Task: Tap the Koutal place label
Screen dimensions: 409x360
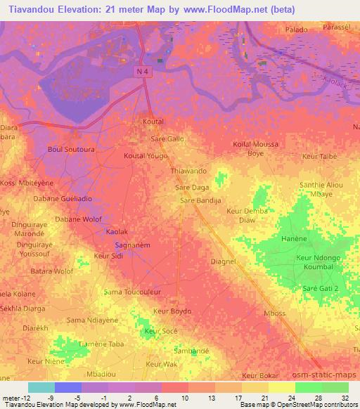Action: [x=153, y=122]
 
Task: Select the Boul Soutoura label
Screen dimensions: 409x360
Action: [x=70, y=149]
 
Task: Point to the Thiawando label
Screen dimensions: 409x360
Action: [x=188, y=171]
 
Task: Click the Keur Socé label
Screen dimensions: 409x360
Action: [x=160, y=331]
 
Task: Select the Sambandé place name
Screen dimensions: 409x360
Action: [x=191, y=349]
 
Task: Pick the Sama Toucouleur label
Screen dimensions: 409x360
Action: [x=132, y=291]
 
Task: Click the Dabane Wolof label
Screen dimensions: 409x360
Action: [x=78, y=219]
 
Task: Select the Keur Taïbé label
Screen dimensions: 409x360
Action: [x=319, y=156]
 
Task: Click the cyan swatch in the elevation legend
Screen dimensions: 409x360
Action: [x=41, y=387]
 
